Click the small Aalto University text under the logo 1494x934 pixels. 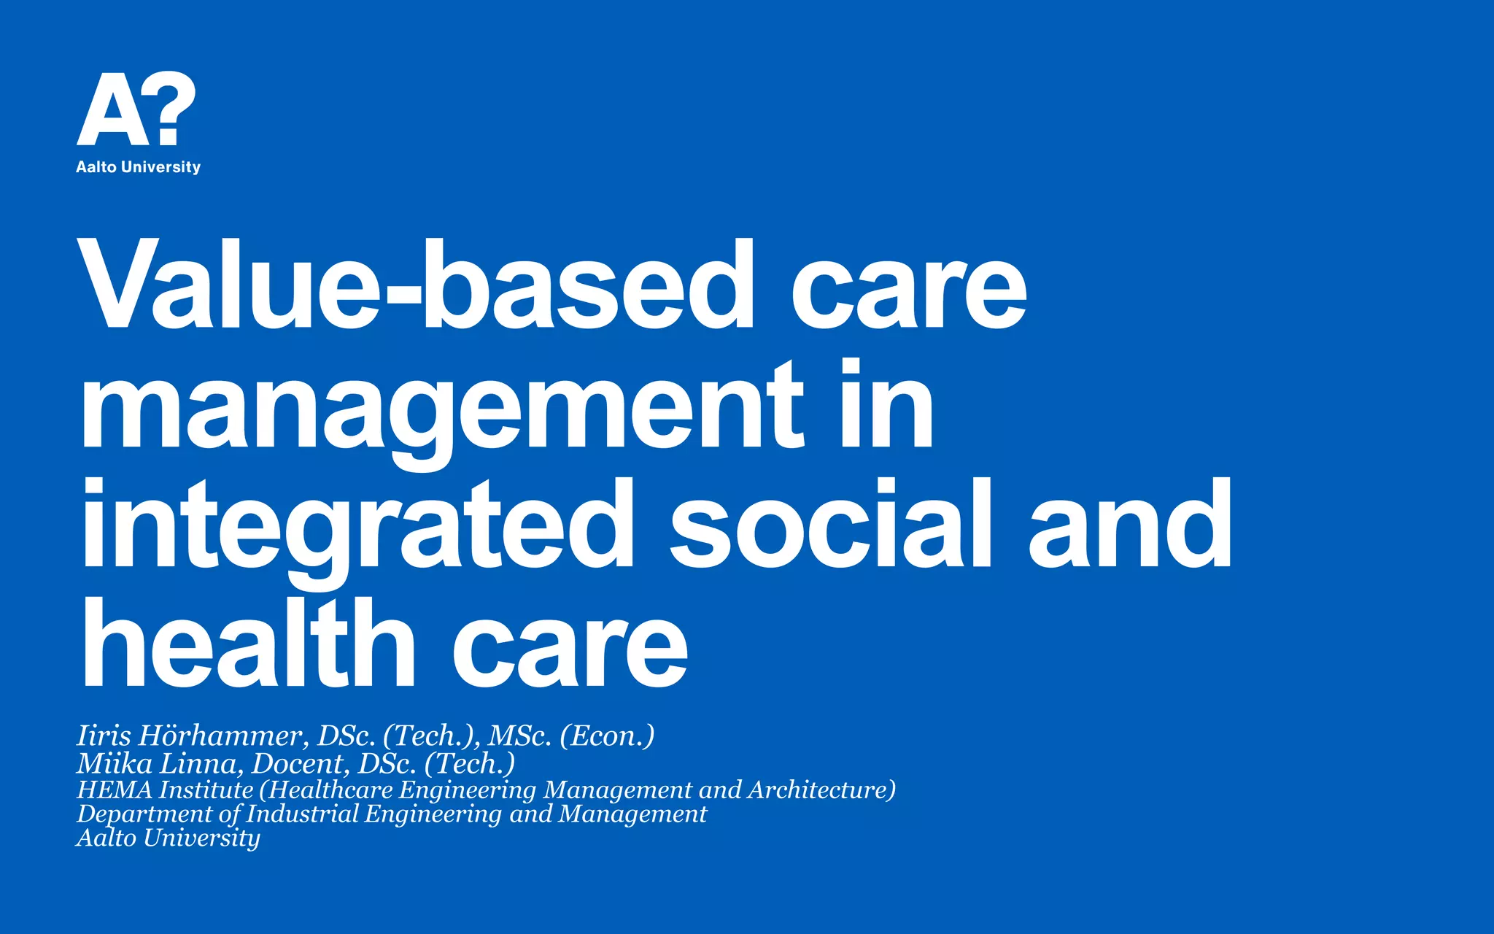[138, 167]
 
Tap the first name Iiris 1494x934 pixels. [104, 736]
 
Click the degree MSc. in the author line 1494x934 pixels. [519, 736]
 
